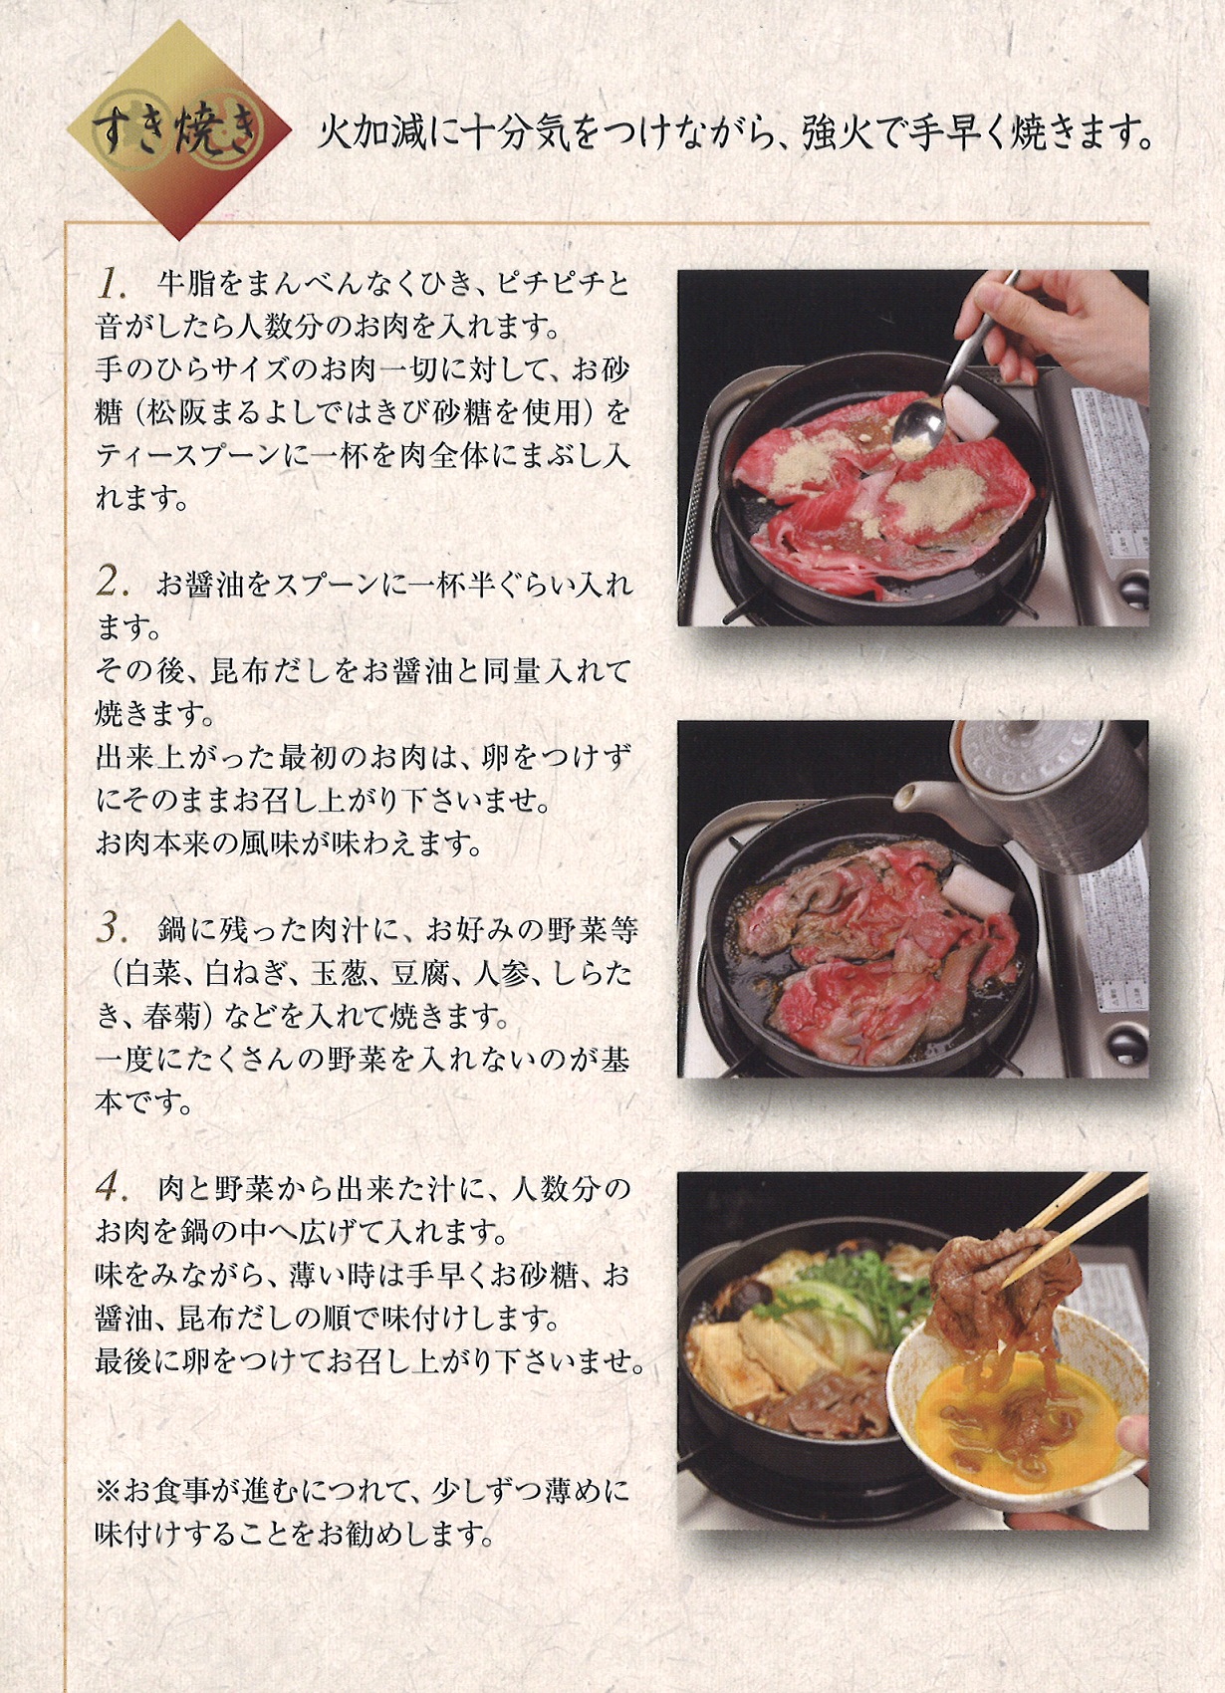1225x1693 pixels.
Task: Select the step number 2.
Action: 113,583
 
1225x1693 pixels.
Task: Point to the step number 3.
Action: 113,929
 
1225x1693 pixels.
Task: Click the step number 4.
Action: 113,1187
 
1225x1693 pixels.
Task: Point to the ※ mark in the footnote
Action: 107,1491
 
